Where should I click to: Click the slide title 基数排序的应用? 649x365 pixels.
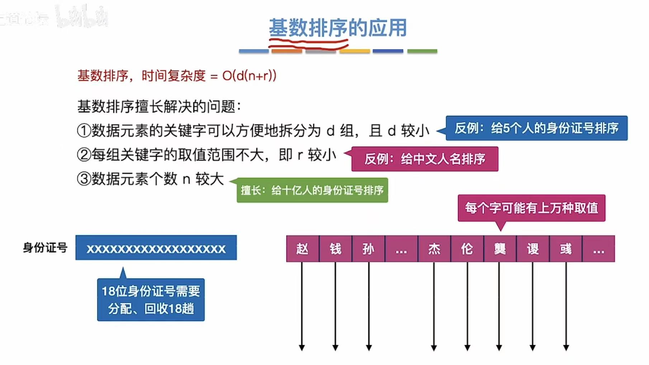[x=338, y=28]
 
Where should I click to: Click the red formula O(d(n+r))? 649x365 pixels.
[x=249, y=76]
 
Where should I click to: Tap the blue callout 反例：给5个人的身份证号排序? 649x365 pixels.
[x=536, y=128]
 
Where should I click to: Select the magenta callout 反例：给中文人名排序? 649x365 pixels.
[x=425, y=159]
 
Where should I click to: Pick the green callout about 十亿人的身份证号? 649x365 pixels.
[x=312, y=190]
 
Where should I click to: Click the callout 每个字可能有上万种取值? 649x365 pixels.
[x=531, y=208]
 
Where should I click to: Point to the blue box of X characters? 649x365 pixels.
[x=156, y=248]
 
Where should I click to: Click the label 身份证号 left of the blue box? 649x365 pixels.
[x=45, y=248]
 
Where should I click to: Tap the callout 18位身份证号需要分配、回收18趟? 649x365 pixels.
[x=151, y=300]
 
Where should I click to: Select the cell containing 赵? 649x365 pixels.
[x=302, y=249]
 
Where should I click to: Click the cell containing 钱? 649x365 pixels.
[x=335, y=249]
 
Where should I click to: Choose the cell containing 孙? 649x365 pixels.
[x=368, y=249]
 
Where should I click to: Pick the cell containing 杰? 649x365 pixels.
[x=434, y=249]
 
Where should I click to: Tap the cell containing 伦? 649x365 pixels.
[x=467, y=249]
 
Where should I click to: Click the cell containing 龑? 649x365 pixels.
[x=500, y=249]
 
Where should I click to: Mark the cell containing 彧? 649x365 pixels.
[x=566, y=249]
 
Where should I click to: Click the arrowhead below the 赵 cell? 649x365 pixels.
[x=302, y=347]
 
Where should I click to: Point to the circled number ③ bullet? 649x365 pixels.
[x=84, y=179]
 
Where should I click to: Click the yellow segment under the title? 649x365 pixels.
[x=355, y=51]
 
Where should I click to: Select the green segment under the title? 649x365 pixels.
[x=422, y=51]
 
